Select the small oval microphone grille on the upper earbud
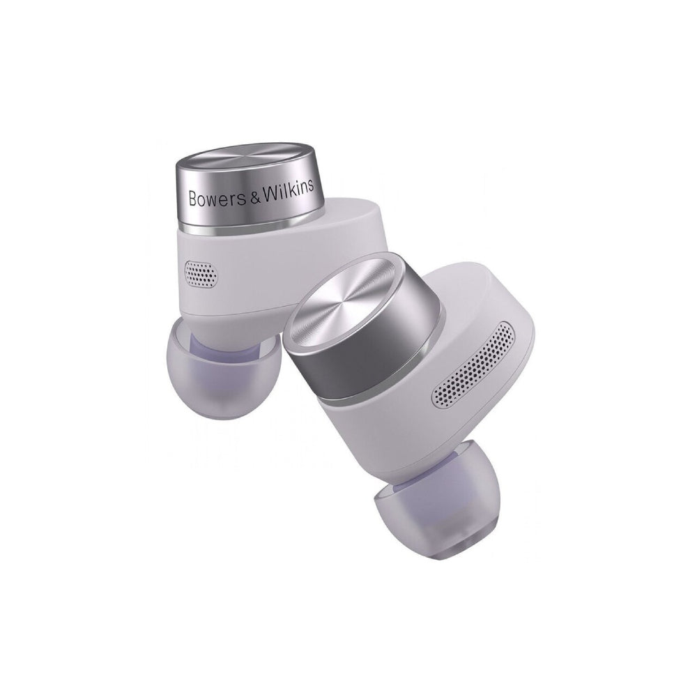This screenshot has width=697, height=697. [x=201, y=273]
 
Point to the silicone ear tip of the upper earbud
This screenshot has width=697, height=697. [x=223, y=369]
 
